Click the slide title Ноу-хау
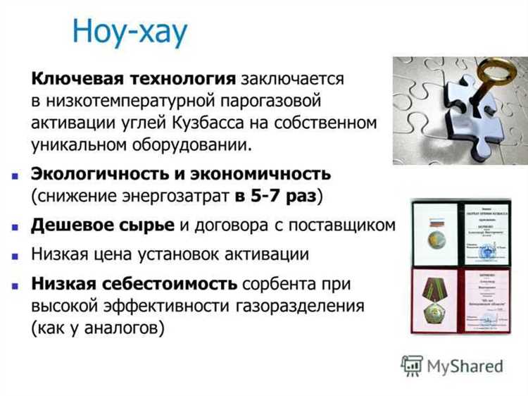(130, 32)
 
